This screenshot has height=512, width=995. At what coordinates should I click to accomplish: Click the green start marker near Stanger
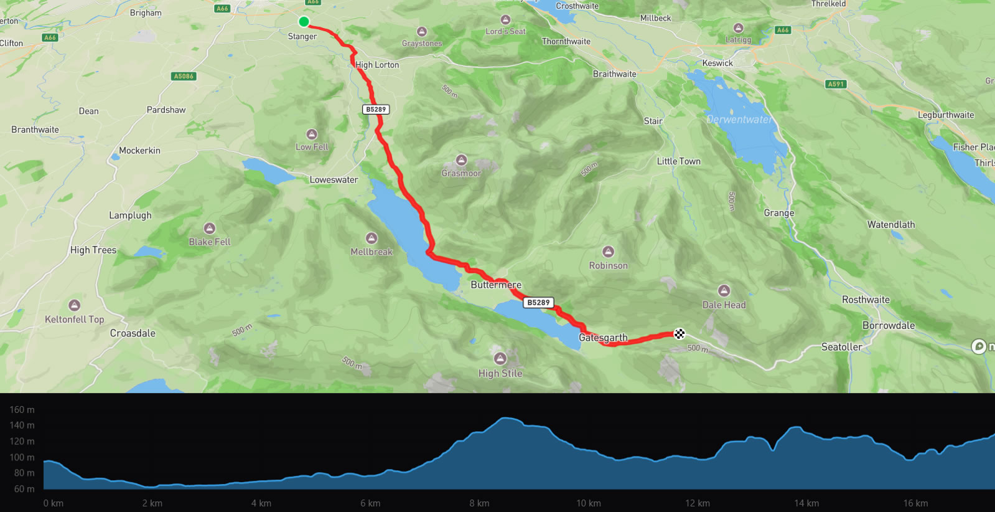[304, 22]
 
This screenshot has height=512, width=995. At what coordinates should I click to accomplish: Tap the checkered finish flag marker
[680, 334]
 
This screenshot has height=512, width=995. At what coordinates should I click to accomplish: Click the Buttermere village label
[495, 285]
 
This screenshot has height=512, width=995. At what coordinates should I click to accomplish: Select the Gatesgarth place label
[603, 338]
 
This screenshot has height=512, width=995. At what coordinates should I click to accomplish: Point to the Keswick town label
[717, 63]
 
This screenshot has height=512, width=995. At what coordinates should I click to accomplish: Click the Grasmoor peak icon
[461, 160]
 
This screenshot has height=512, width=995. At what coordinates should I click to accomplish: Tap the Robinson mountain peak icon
[608, 252]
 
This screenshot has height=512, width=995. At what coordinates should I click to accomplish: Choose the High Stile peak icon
[500, 359]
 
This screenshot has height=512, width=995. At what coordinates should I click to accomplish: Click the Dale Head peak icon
[724, 291]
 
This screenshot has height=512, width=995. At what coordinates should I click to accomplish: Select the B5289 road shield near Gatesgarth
[538, 303]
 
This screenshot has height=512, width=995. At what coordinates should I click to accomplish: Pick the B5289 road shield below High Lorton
[376, 110]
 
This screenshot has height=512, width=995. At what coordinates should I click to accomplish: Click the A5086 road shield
[184, 76]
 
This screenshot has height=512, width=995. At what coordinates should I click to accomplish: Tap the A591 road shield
[836, 84]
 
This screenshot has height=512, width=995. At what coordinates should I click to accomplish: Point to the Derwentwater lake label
[739, 119]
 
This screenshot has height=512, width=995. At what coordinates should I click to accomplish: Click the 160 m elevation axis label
[22, 410]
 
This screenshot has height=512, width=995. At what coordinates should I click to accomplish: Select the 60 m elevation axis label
[24, 489]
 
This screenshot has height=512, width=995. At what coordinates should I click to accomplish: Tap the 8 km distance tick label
[479, 503]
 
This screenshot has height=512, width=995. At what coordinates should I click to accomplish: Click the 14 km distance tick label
[806, 503]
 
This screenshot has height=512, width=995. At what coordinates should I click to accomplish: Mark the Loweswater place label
[334, 180]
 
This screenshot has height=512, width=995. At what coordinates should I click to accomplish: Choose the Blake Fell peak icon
[210, 229]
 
